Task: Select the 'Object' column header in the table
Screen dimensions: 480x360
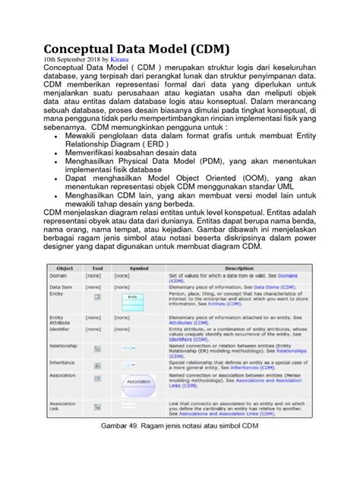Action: tap(64, 267)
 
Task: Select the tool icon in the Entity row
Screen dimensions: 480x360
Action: tap(96, 298)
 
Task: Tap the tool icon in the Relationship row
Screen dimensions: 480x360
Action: tap(96, 349)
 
